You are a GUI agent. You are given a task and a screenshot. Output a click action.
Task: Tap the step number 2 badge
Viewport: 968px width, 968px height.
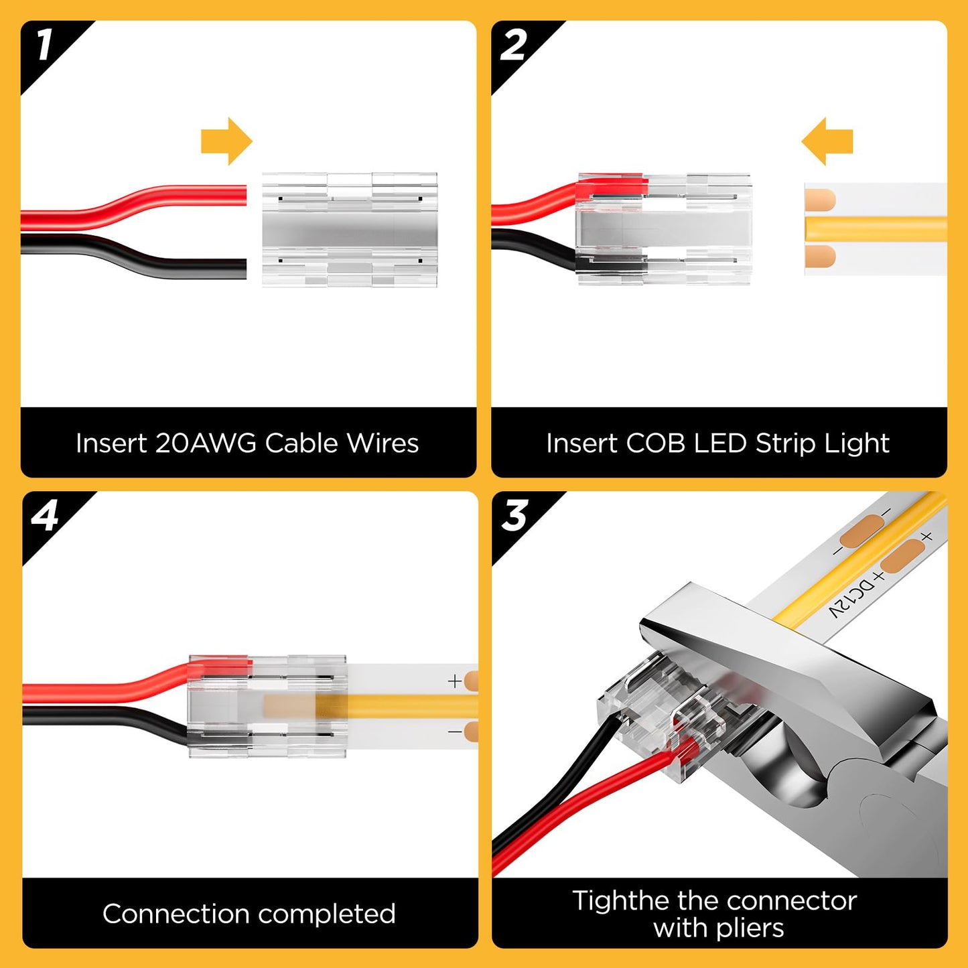514,46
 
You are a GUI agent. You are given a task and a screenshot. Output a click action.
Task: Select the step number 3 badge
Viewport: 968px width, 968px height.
515,516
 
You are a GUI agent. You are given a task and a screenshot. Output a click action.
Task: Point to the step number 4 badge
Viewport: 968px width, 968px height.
45,516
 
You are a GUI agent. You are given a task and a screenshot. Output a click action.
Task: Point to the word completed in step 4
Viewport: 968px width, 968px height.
326,914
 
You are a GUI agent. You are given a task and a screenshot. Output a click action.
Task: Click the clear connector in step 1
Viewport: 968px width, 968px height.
349,230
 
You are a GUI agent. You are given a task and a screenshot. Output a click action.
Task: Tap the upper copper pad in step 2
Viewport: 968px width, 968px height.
820,200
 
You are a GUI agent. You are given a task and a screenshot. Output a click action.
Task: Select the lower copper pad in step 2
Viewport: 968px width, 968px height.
820,256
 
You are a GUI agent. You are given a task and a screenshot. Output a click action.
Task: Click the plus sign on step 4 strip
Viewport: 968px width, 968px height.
455,681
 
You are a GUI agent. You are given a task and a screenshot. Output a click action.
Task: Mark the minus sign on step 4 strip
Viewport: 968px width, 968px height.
455,732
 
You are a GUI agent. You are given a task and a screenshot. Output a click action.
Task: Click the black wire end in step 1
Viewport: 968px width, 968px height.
238,269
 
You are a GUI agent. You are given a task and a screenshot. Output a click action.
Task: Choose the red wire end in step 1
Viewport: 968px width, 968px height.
238,195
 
